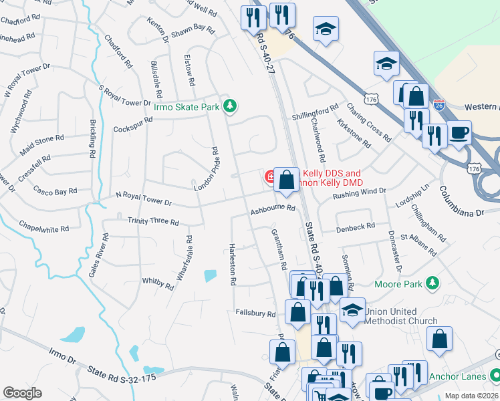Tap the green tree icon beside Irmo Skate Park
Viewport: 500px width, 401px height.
coord(230,106)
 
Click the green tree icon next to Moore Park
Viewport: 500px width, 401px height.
coord(433,284)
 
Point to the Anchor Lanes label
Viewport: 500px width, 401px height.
coord(457,376)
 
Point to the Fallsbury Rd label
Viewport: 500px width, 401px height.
coord(255,313)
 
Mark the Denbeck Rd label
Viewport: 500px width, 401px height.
coord(356,227)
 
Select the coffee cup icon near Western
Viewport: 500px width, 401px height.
coord(459,132)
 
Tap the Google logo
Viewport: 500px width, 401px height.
coord(22,392)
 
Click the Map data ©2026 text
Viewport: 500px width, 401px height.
coord(471,396)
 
